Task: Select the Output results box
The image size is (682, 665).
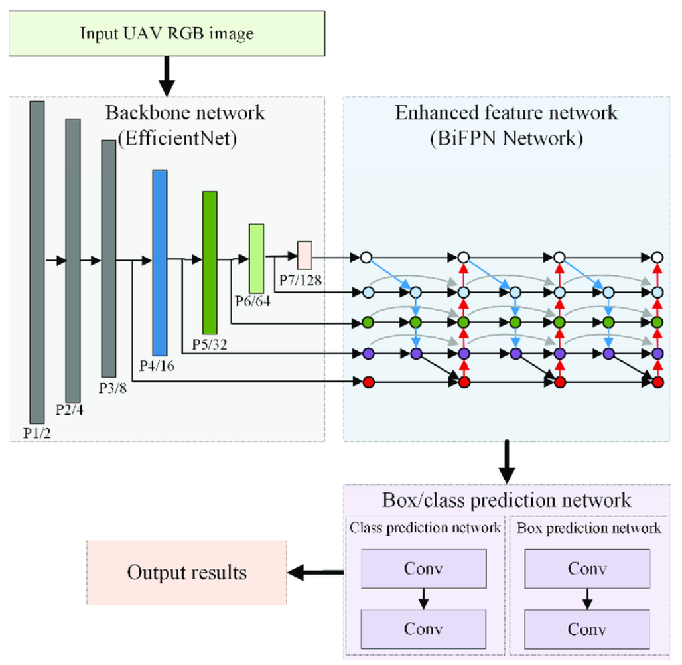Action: (186, 572)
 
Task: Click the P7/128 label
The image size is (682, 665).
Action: (301, 280)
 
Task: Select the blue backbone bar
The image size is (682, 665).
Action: (159, 263)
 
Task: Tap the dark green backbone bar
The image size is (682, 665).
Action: (210, 262)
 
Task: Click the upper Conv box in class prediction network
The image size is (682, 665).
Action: (423, 569)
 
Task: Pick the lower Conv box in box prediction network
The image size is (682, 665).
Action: (586, 628)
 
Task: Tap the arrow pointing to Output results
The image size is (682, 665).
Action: (318, 571)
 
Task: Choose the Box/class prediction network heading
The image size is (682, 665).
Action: (506, 500)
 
